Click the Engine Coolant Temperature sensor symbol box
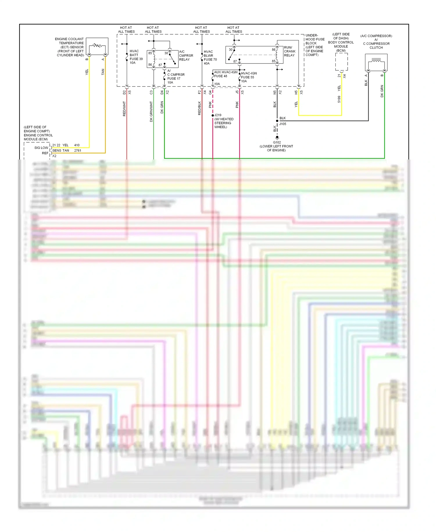(97, 46)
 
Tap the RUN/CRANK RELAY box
(254, 55)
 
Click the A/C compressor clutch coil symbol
(376, 62)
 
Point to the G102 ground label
(277, 142)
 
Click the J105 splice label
(283, 124)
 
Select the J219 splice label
(218, 115)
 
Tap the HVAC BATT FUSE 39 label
(136, 57)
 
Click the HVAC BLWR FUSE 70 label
(210, 57)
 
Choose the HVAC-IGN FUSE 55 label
(249, 77)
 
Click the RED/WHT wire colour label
(124, 109)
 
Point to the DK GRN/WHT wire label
(151, 111)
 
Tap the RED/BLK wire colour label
(199, 108)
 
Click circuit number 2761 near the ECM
(78, 150)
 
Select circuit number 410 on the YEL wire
(77, 145)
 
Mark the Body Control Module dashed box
(341, 62)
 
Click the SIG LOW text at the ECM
(41, 148)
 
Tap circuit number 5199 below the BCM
(339, 99)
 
